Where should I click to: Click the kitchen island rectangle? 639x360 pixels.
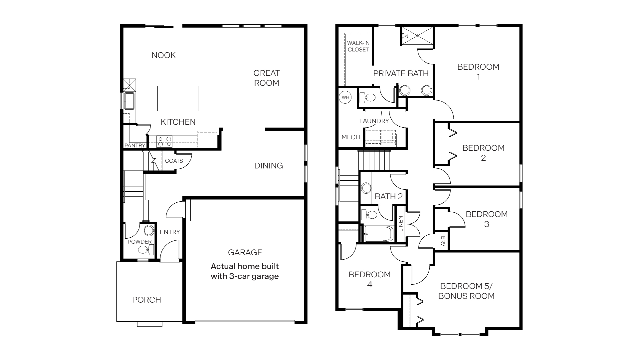coord(178,98)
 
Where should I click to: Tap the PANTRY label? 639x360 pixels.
coord(135,146)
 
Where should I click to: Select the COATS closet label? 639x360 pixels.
coord(174,161)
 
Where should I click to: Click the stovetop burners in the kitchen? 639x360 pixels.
coord(164,142)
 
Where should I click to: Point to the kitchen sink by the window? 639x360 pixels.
coord(129,101)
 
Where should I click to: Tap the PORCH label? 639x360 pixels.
coord(146,300)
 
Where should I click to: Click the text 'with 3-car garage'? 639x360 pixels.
coord(245,276)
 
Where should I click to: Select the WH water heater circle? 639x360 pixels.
coord(345,97)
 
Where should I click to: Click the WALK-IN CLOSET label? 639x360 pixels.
coord(358,46)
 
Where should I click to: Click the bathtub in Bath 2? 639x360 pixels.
coord(378,234)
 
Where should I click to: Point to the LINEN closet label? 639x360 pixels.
coord(401,224)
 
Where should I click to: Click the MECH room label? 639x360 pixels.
coord(350,137)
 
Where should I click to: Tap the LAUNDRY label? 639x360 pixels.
coord(374,121)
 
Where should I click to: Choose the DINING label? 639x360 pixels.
coord(268,166)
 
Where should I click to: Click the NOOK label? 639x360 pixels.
coord(163,55)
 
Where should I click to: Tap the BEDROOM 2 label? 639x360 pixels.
coord(483,153)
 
